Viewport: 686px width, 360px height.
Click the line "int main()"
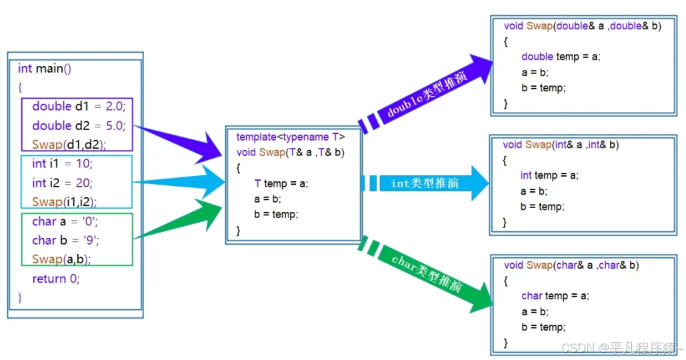pyautogui.click(x=45, y=69)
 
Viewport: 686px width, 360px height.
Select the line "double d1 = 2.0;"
pyautogui.click(x=79, y=107)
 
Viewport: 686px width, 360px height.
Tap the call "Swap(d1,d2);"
pyautogui.click(x=69, y=145)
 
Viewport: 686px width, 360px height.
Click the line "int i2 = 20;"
pyautogui.click(x=63, y=183)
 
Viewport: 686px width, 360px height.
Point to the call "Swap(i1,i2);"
pyautogui.click(x=64, y=202)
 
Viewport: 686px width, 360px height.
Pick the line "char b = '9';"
pyautogui.click(x=65, y=240)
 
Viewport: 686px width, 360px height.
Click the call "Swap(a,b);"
pyautogui.click(x=61, y=259)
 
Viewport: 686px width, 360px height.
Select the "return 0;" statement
pyautogui.click(x=56, y=279)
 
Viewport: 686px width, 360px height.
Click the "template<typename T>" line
pyautogui.click(x=291, y=137)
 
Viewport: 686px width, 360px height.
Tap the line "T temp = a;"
pyautogui.click(x=281, y=183)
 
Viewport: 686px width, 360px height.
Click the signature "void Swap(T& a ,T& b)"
pyautogui.click(x=290, y=152)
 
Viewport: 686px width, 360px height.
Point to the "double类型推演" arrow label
pyautogui.click(x=427, y=94)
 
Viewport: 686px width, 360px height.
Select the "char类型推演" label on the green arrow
pyautogui.click(x=427, y=273)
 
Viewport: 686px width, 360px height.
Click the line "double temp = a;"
pyautogui.click(x=561, y=57)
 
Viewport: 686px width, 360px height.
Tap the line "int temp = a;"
pyautogui.click(x=549, y=175)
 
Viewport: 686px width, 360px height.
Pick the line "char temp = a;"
pyautogui.click(x=555, y=296)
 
